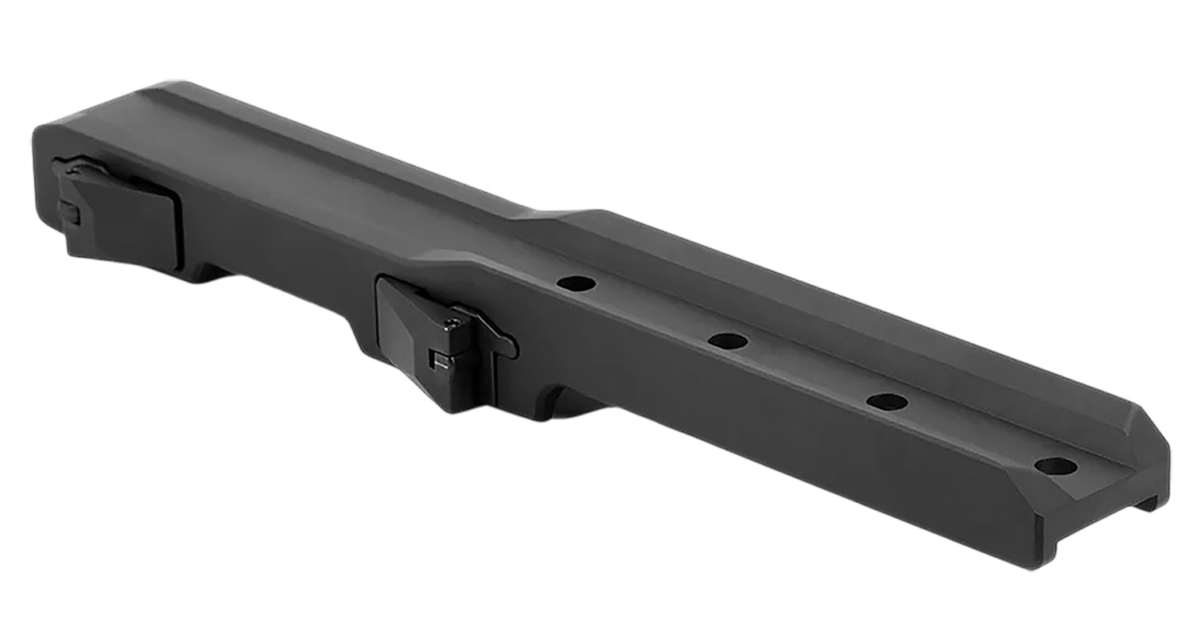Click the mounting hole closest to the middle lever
point(577,283)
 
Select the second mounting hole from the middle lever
point(728,341)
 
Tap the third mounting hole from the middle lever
point(888,402)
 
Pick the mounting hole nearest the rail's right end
point(1056,466)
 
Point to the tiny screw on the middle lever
point(453,323)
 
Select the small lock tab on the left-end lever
point(68,212)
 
